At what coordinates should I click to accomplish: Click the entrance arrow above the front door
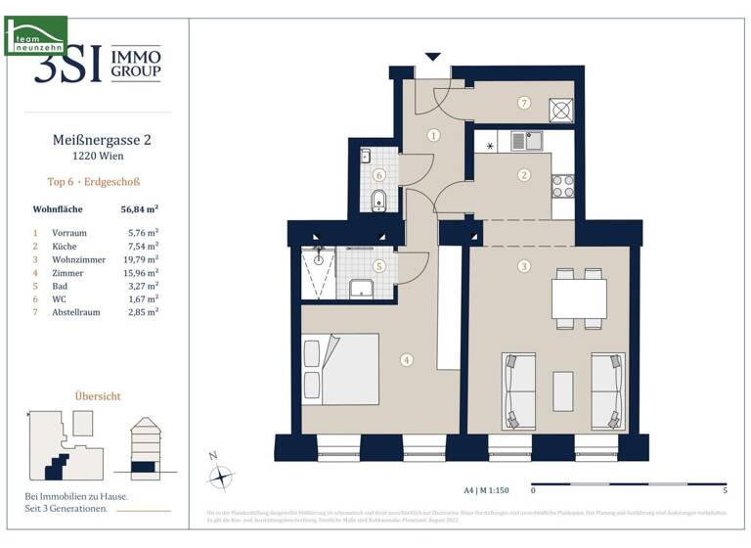pyautogui.click(x=433, y=58)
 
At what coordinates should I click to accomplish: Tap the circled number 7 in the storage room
pyautogui.click(x=524, y=103)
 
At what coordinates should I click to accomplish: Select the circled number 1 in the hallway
pyautogui.click(x=433, y=136)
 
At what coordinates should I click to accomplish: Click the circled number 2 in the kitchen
pyautogui.click(x=524, y=175)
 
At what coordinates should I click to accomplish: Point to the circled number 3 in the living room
pyautogui.click(x=524, y=266)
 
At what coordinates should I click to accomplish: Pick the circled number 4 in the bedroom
pyautogui.click(x=406, y=359)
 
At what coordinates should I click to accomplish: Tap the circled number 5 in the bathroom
pyautogui.click(x=379, y=265)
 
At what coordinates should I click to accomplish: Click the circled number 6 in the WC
pyautogui.click(x=379, y=176)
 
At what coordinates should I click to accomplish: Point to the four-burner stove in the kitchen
pyautogui.click(x=563, y=184)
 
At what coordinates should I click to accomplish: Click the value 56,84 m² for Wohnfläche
pyautogui.click(x=140, y=208)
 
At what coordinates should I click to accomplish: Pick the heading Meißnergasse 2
pyautogui.click(x=101, y=140)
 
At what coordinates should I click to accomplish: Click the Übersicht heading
pyautogui.click(x=98, y=396)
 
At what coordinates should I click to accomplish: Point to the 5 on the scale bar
pyautogui.click(x=724, y=489)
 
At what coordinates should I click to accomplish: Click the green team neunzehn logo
pyautogui.click(x=36, y=35)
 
